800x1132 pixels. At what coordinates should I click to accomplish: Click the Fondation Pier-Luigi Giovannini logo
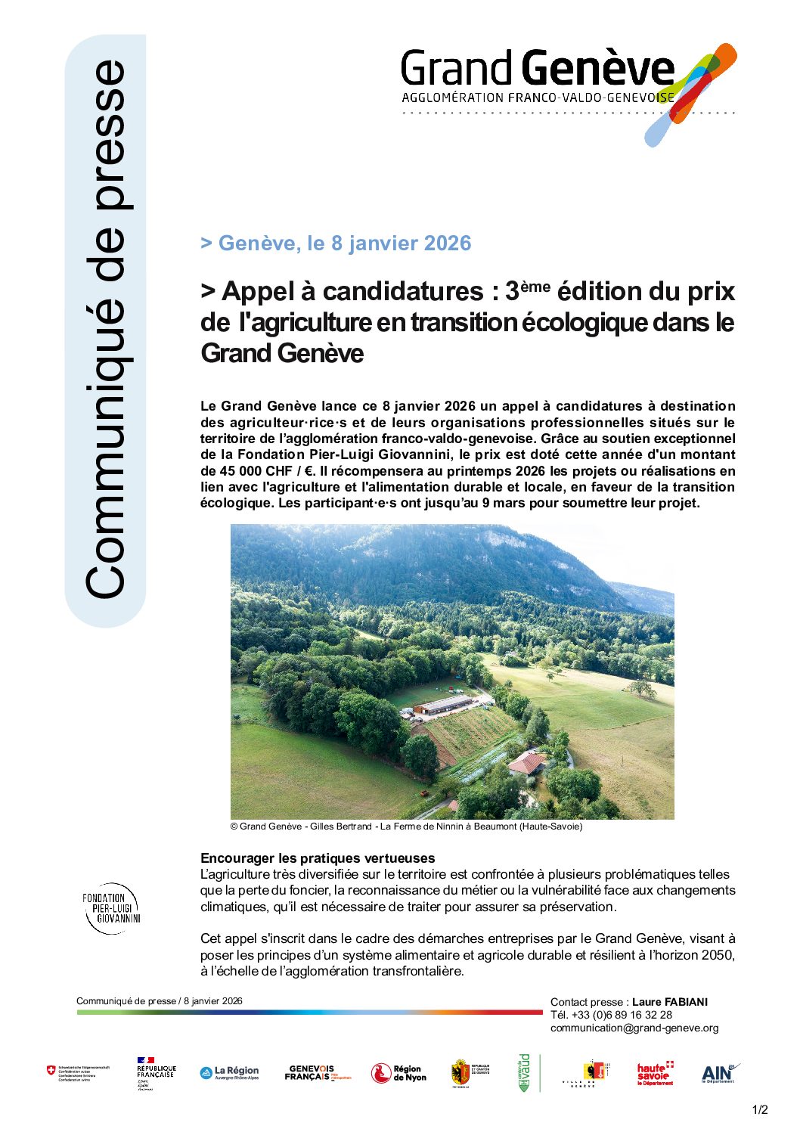(111, 908)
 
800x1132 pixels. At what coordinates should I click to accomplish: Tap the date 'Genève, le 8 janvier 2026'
(336, 243)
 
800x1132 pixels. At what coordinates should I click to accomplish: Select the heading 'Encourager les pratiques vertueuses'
(318, 858)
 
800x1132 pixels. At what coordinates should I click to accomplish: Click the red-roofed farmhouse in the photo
(527, 763)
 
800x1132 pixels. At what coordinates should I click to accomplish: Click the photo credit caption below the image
(406, 827)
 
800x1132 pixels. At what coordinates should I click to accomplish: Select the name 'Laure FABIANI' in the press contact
(670, 1002)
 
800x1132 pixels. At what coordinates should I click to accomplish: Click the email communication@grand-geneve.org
(634, 1028)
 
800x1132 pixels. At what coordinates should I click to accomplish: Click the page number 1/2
(759, 1110)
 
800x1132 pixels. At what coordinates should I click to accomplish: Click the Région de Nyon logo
(398, 1073)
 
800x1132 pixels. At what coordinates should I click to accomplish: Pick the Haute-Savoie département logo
(655, 1073)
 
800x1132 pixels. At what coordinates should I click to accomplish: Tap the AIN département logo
(718, 1073)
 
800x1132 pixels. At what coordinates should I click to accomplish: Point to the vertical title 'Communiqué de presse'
(105, 330)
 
